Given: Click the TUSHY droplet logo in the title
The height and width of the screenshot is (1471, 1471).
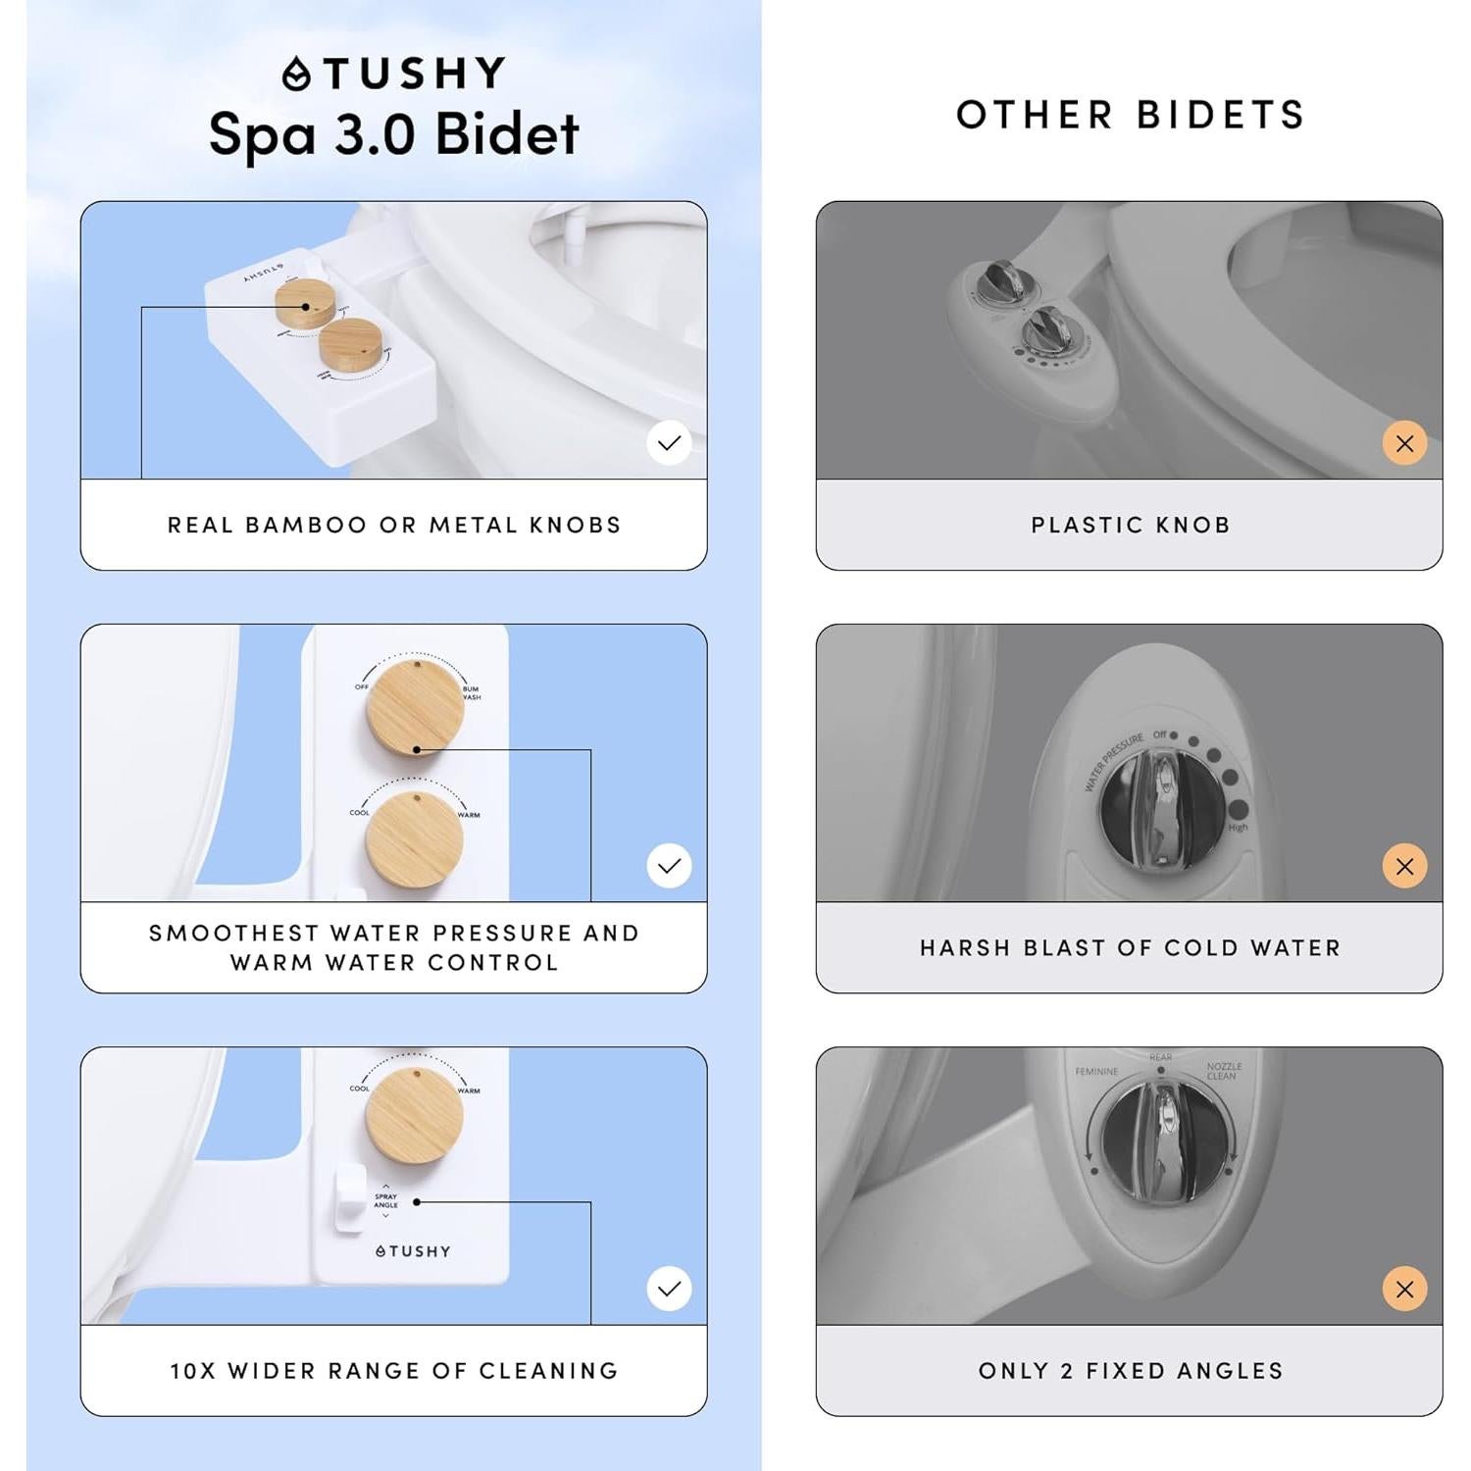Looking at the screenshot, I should click(296, 75).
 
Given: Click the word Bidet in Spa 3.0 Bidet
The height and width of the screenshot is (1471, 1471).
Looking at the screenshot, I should click(507, 134).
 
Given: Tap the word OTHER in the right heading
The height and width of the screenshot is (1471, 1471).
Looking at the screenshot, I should click(1035, 115).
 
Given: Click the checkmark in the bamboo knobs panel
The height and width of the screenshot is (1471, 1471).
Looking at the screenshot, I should click(669, 443).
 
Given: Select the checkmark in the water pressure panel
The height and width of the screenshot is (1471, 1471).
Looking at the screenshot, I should click(669, 866).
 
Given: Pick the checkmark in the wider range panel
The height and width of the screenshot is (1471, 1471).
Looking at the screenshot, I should click(669, 1289).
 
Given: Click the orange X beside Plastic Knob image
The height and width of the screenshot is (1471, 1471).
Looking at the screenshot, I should click(1404, 443).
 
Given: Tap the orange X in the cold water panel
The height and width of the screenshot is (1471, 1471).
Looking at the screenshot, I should click(1404, 866).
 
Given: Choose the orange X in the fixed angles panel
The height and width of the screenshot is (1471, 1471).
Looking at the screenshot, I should click(1404, 1289).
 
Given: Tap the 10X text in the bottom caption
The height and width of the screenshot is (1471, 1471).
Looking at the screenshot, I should click(192, 1370).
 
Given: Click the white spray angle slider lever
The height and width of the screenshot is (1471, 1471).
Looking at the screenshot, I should click(349, 1197).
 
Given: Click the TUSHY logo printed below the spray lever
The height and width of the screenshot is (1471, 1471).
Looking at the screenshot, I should click(413, 1251).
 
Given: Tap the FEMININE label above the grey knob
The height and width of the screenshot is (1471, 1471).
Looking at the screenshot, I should click(1096, 1072).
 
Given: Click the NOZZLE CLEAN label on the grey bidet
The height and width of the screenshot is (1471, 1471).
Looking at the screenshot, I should click(1223, 1071).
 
